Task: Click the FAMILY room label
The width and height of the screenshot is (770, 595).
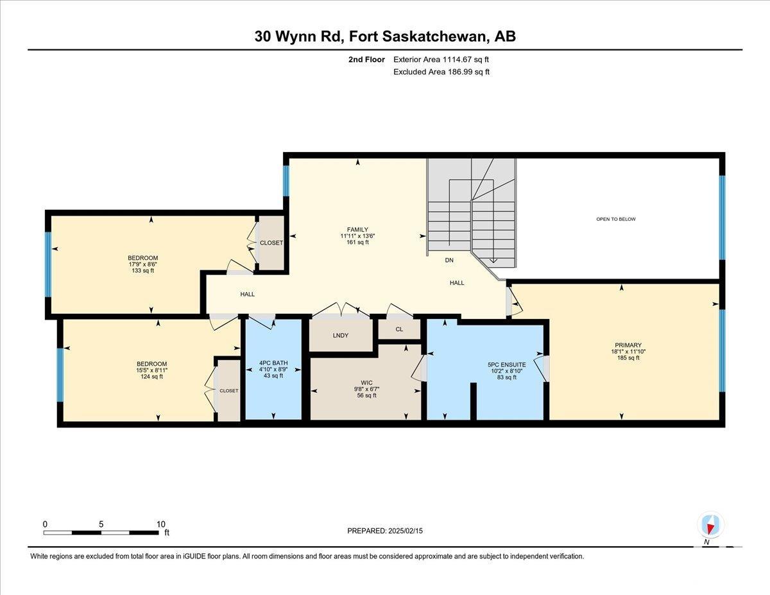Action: [x=357, y=229]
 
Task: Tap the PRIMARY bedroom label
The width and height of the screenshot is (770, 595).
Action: [x=628, y=345]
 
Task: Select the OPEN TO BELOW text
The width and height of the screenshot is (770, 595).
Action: [x=616, y=219]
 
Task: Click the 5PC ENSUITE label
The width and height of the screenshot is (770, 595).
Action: [x=507, y=365]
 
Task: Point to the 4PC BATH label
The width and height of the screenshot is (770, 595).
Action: [x=273, y=363]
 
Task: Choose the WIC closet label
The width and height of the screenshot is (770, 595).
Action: [x=366, y=383]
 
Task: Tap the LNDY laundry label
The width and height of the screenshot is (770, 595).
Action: [x=341, y=335]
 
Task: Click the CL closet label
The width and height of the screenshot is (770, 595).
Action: [x=399, y=329]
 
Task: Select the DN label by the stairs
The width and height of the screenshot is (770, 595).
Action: [x=449, y=260]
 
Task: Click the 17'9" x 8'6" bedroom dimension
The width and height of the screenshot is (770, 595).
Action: [x=143, y=264]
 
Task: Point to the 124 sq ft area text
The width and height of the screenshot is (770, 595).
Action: [x=151, y=376]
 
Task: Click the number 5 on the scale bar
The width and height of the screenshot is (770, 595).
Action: [x=101, y=524]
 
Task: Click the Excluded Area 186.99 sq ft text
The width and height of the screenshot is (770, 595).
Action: [x=441, y=72]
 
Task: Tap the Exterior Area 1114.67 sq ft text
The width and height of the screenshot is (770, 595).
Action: [x=441, y=60]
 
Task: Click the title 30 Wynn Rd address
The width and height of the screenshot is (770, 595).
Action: [x=385, y=37]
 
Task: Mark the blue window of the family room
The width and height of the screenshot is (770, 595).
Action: [x=286, y=181]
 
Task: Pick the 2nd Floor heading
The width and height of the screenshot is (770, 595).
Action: [x=366, y=60]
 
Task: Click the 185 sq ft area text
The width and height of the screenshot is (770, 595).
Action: [x=628, y=358]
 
